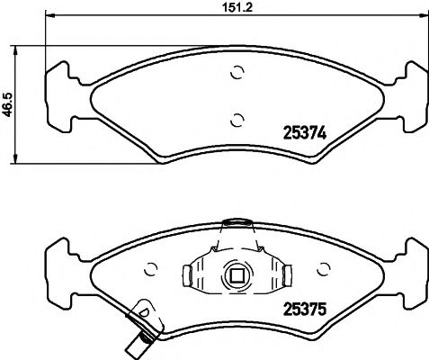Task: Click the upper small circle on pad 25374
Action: [x=237, y=74]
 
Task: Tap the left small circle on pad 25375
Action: [x=151, y=268]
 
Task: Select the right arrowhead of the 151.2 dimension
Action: [x=424, y=16]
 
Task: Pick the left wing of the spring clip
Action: [x=193, y=272]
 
